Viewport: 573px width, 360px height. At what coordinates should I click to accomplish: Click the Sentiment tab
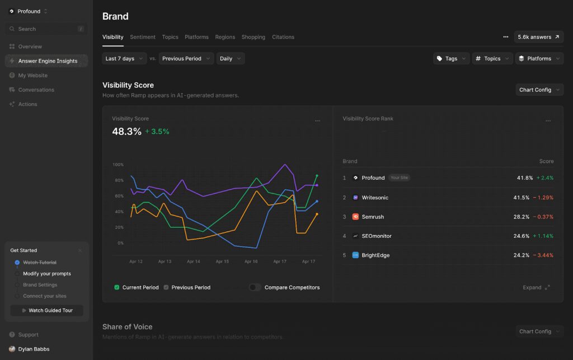click(x=143, y=37)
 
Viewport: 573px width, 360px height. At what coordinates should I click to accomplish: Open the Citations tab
click(x=283, y=37)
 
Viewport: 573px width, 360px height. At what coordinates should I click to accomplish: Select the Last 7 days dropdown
click(x=124, y=59)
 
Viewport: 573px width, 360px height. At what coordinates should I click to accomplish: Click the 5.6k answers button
click(x=538, y=37)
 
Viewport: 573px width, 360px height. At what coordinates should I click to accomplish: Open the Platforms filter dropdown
click(x=539, y=59)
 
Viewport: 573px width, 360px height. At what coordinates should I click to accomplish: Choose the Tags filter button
click(x=451, y=59)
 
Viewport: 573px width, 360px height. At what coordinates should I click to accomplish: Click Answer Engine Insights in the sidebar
click(x=48, y=61)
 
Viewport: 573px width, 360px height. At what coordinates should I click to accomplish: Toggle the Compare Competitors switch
click(x=255, y=287)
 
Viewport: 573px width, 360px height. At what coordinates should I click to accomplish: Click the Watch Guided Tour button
click(x=46, y=310)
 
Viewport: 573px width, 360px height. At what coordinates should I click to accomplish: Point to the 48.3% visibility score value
click(x=127, y=132)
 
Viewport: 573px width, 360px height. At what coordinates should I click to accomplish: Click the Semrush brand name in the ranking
click(x=373, y=217)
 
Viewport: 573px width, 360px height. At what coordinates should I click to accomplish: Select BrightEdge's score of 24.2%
click(x=523, y=255)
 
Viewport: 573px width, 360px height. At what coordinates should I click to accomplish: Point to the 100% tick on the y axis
click(x=118, y=165)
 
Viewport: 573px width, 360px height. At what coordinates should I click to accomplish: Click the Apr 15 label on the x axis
click(x=222, y=261)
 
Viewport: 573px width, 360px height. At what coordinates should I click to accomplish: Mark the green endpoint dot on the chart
click(x=317, y=176)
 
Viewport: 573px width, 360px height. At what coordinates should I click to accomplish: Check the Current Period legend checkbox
click(x=117, y=287)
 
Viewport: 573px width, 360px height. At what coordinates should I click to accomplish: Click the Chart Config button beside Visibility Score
click(x=539, y=90)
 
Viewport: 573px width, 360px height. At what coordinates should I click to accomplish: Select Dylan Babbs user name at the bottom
click(x=34, y=349)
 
